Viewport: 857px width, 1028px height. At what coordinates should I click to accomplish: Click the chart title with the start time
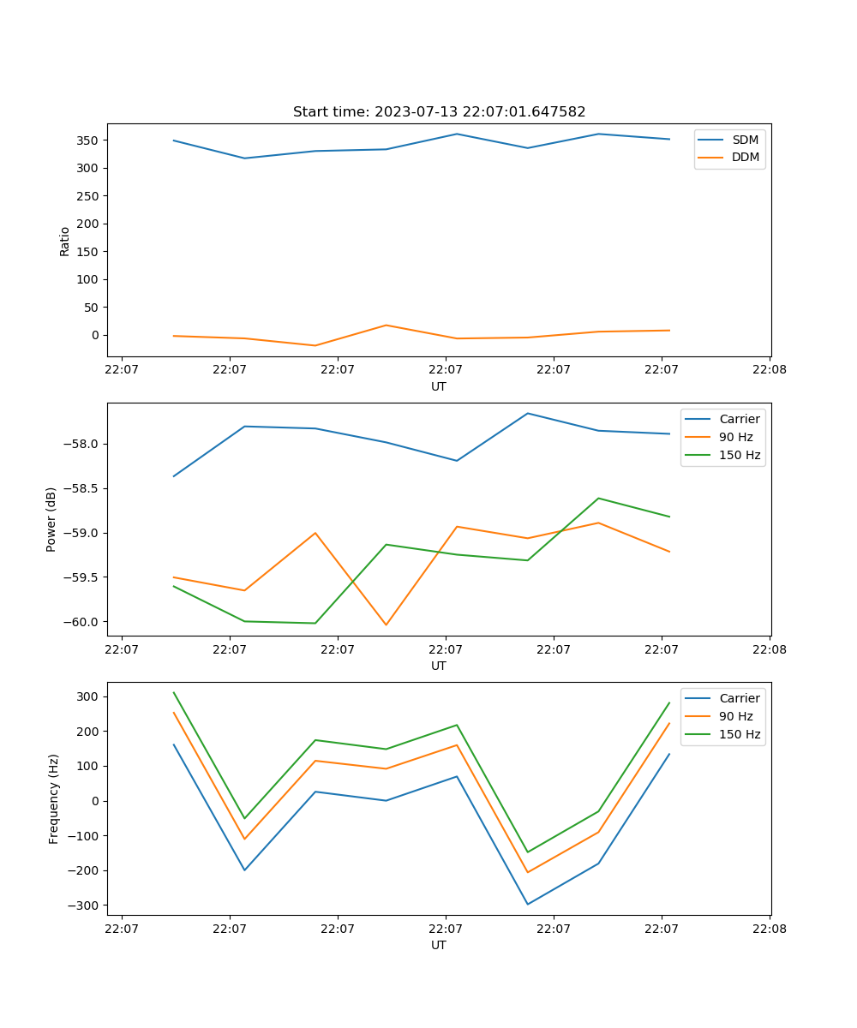(x=439, y=112)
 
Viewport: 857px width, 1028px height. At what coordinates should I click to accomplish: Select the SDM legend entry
(x=745, y=140)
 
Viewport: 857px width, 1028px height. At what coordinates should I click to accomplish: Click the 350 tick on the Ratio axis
(x=88, y=140)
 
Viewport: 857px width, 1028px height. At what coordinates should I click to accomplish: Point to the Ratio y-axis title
(x=64, y=241)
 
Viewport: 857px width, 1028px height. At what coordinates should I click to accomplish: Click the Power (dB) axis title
(x=51, y=519)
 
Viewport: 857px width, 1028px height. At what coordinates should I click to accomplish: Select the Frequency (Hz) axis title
(x=53, y=798)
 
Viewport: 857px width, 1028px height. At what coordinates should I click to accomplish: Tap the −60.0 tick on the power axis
(x=83, y=622)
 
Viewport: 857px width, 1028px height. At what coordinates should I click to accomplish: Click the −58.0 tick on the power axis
(x=83, y=444)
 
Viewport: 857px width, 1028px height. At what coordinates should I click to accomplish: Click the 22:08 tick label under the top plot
(x=769, y=370)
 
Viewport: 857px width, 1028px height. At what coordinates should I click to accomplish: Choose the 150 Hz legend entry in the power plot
(x=740, y=455)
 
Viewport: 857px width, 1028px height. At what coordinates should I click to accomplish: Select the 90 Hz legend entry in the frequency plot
(x=736, y=716)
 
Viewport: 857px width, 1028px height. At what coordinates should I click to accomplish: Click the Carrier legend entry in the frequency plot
(x=740, y=698)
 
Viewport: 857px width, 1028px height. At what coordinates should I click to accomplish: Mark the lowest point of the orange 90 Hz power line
(x=386, y=625)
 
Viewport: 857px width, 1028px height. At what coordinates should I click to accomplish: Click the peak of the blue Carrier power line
(x=527, y=413)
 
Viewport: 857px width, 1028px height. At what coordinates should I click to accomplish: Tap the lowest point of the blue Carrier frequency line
(x=527, y=904)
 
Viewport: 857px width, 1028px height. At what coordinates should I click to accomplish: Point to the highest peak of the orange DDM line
(x=386, y=326)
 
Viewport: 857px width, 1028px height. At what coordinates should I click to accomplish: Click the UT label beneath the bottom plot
(x=439, y=945)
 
